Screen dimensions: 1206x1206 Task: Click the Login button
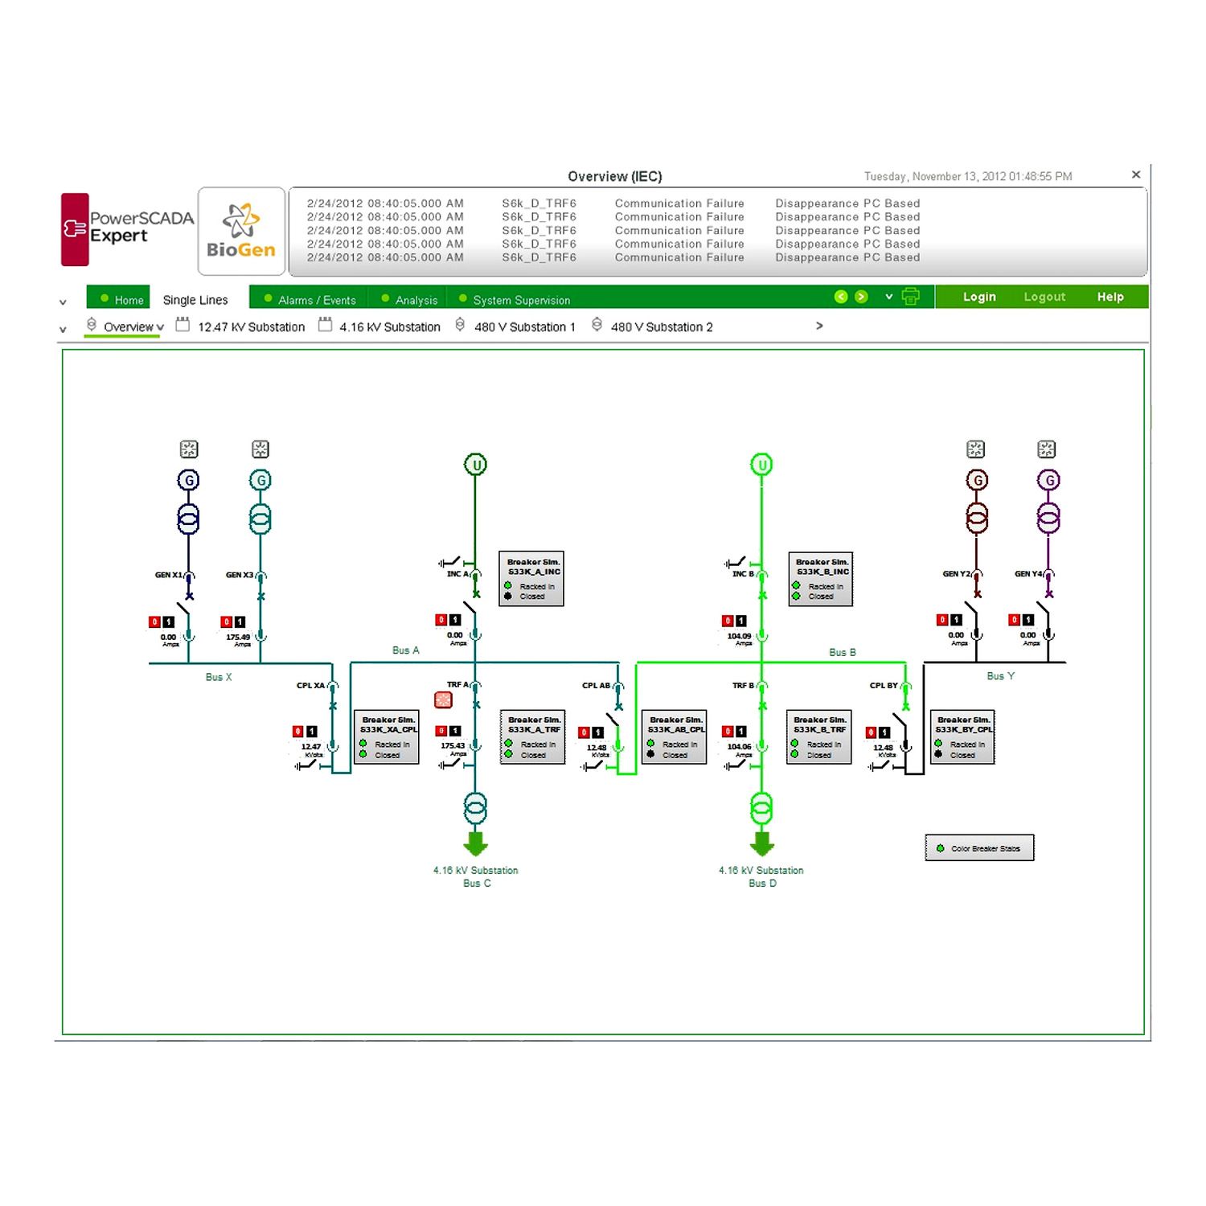(x=978, y=297)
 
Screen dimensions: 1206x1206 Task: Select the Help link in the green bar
(x=1110, y=297)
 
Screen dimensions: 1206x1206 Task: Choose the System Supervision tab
(x=520, y=300)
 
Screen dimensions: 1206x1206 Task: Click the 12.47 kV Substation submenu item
(x=250, y=327)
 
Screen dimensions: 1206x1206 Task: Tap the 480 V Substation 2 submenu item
(x=661, y=327)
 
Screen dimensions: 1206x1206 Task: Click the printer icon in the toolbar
(x=910, y=297)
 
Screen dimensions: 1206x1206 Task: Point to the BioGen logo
(x=241, y=232)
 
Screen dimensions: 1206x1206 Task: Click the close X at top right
(x=1135, y=174)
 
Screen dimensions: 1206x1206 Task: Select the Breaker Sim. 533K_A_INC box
(x=531, y=578)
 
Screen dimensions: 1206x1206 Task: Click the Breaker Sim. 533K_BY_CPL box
(x=962, y=736)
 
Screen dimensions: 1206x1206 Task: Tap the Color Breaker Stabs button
(x=979, y=848)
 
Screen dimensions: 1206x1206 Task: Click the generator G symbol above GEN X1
(x=188, y=481)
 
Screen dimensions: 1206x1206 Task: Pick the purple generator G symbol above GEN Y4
(x=1048, y=481)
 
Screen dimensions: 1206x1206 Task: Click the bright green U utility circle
(x=761, y=465)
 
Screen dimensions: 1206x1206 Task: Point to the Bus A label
(x=405, y=650)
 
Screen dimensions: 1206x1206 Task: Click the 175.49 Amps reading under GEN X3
(x=238, y=638)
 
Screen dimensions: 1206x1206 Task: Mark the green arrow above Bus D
(x=761, y=843)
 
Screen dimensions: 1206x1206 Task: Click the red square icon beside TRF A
(x=443, y=700)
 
